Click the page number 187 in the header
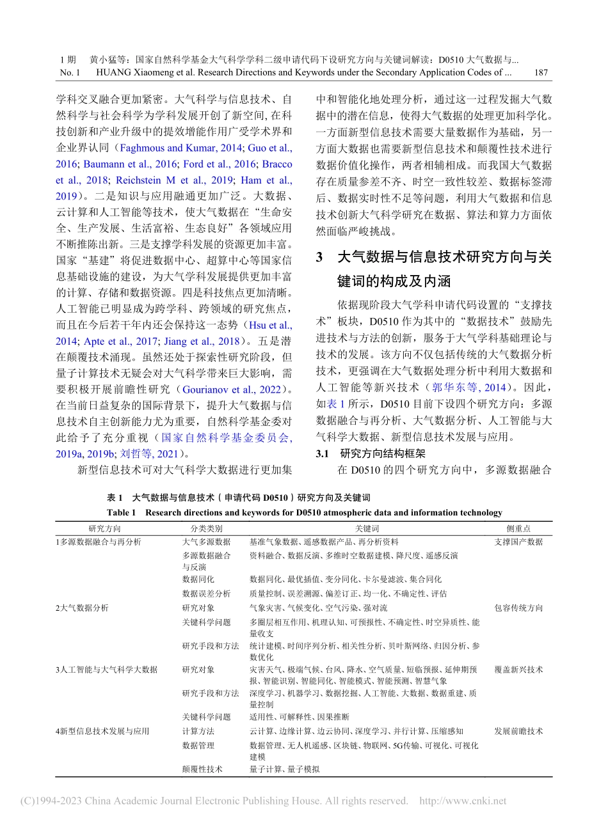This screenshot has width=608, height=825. pos(541,72)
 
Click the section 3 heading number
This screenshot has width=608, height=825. pos(321,258)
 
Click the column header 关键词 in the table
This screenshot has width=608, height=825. pos(367,528)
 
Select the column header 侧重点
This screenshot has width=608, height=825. pos(518,528)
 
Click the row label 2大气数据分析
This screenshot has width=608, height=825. pos(81,608)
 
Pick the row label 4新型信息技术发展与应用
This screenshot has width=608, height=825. pos(102,731)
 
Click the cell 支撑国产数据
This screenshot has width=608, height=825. pos(518,542)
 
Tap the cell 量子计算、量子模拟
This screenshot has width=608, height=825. pos(284,769)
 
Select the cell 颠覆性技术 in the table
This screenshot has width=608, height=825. pos(202,769)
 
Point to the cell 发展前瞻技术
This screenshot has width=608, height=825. pos(518,731)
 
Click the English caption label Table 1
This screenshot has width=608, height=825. pos(122,512)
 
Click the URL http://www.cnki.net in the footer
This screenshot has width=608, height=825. pos(462,801)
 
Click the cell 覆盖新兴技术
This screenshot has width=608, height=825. pos(518,670)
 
